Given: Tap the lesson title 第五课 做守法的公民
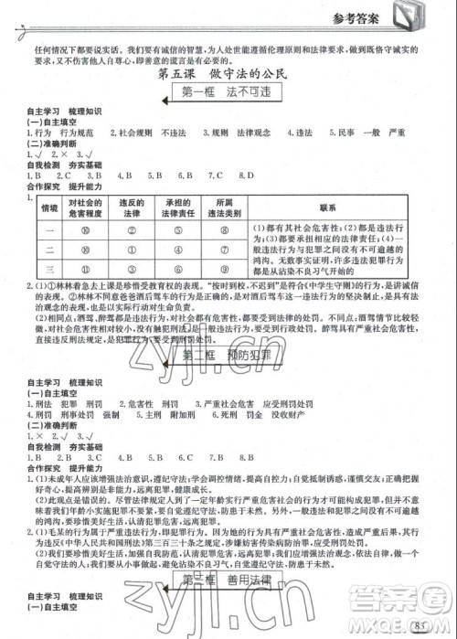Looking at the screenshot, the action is click(x=228, y=73).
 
